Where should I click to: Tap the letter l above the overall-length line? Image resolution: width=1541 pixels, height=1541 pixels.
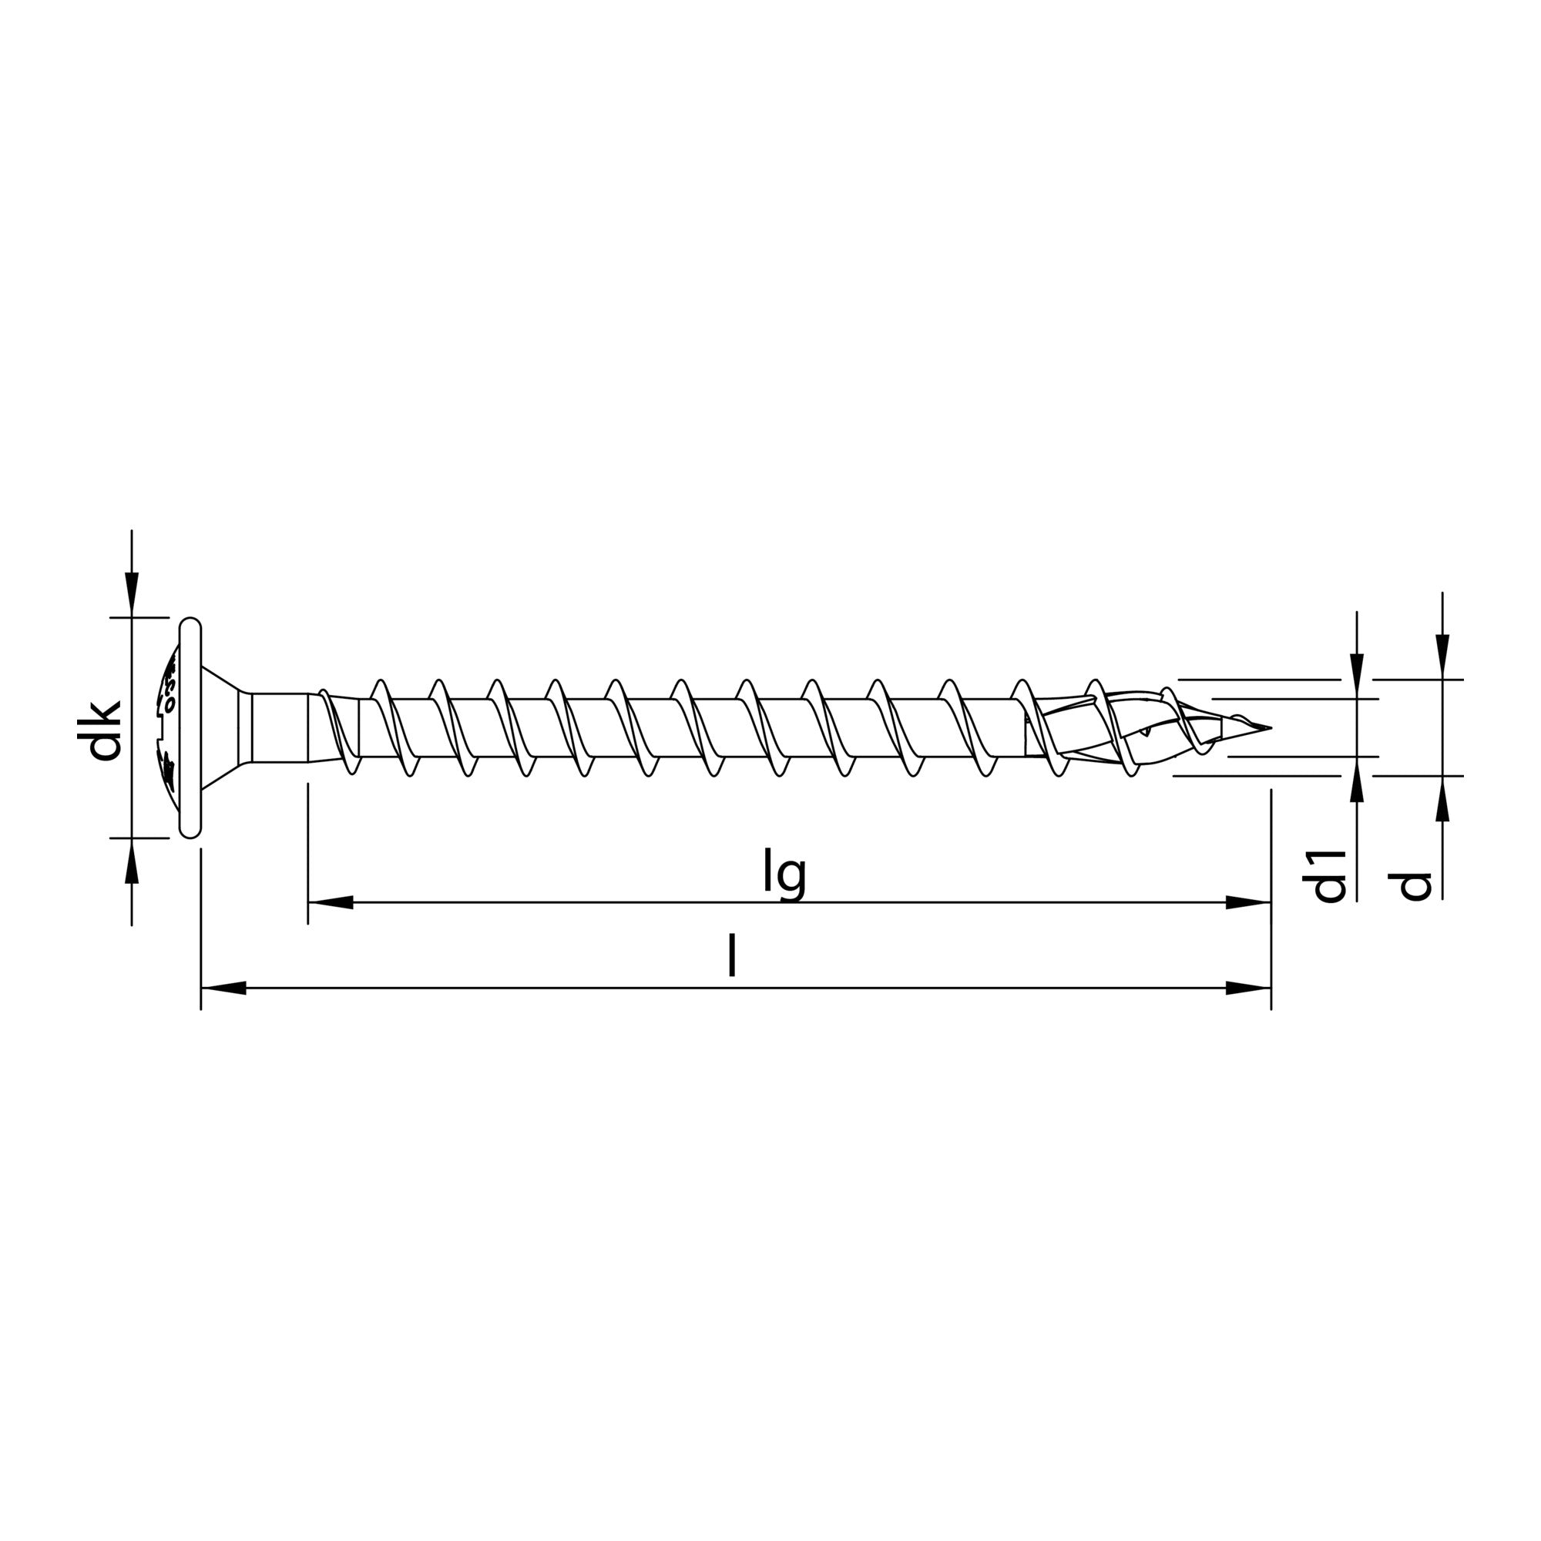point(731,956)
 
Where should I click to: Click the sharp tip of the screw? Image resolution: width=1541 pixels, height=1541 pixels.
point(1268,727)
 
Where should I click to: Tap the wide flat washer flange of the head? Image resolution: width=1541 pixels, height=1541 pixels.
point(190,727)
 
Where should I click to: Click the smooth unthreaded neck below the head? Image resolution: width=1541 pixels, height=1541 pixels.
point(279,727)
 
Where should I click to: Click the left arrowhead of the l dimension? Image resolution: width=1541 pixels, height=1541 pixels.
point(223,989)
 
